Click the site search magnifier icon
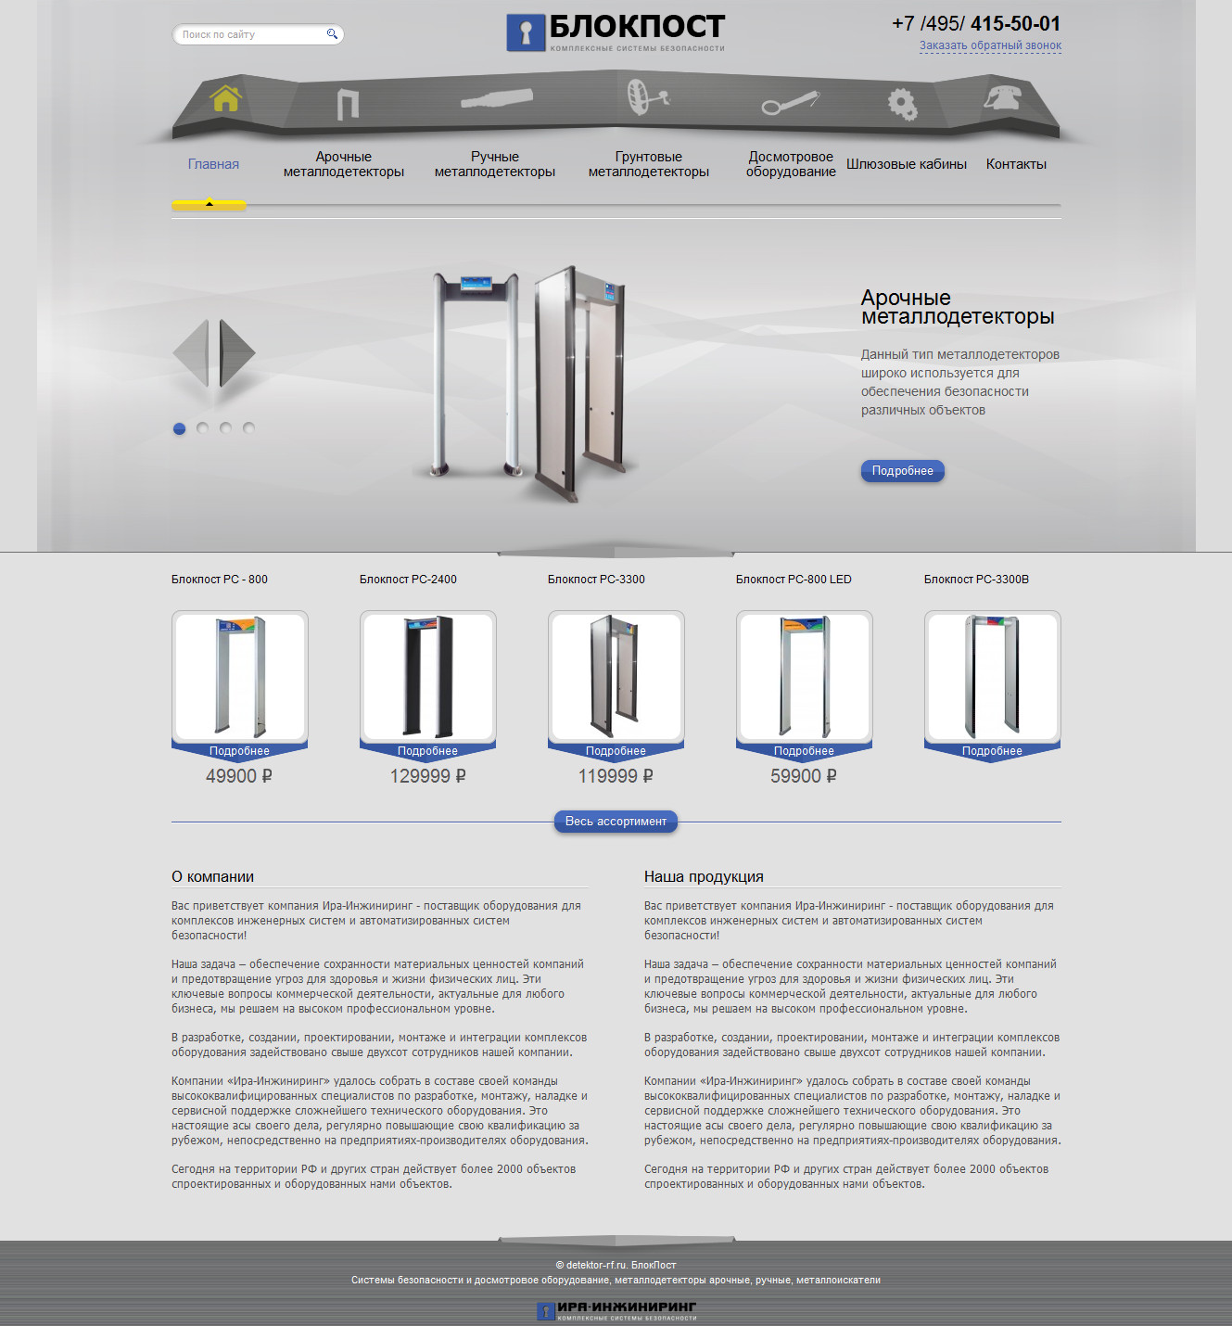click(332, 34)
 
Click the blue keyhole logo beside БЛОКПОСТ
click(526, 32)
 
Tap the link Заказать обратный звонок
click(990, 45)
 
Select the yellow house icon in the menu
click(225, 98)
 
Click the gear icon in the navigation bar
click(903, 104)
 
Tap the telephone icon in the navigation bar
click(1002, 97)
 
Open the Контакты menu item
click(1016, 164)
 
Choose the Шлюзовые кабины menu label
click(906, 164)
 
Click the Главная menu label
click(213, 164)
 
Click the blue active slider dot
click(179, 428)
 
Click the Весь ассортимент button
click(616, 822)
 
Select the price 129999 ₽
click(428, 776)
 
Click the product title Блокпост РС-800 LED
click(794, 580)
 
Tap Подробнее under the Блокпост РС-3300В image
click(992, 751)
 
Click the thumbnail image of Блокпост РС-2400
click(428, 676)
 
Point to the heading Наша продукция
click(704, 876)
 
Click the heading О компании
click(212, 876)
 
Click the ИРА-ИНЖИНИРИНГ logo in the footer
click(616, 1310)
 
